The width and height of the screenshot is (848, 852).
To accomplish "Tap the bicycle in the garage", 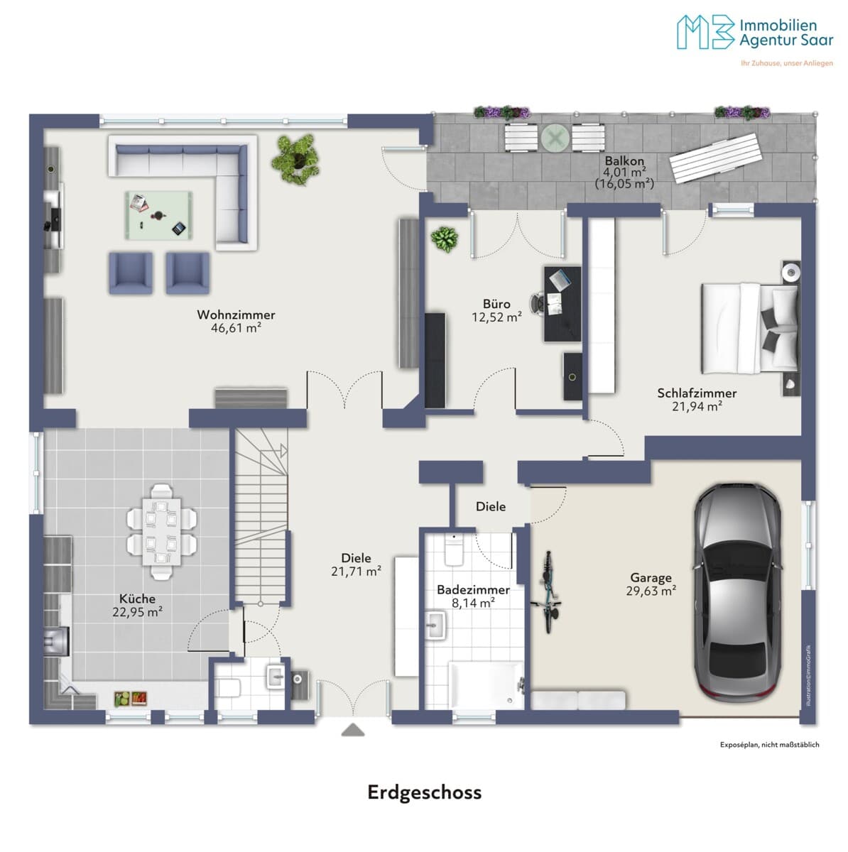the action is (548, 591).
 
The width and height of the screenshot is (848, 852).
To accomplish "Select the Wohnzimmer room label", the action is (236, 315).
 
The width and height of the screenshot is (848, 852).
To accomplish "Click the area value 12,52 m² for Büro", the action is (496, 317).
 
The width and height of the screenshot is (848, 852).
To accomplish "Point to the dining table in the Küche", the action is (161, 532).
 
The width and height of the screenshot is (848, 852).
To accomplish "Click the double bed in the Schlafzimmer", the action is (750, 327).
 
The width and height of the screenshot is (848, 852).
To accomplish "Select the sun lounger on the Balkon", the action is (717, 158).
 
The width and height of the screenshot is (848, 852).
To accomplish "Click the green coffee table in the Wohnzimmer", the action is (159, 215).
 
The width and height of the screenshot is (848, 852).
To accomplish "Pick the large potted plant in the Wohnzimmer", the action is (295, 160).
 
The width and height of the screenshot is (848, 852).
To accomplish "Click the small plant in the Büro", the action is (444, 240).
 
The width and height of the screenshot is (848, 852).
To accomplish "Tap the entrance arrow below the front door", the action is (352, 730).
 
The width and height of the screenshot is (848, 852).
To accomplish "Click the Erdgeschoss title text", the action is (424, 792).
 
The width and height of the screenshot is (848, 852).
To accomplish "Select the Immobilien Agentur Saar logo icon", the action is (705, 32).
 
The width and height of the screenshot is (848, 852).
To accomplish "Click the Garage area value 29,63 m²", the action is (651, 591).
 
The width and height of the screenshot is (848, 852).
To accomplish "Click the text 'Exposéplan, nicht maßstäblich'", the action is (769, 745).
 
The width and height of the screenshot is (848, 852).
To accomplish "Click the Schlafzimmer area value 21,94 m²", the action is (697, 406).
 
